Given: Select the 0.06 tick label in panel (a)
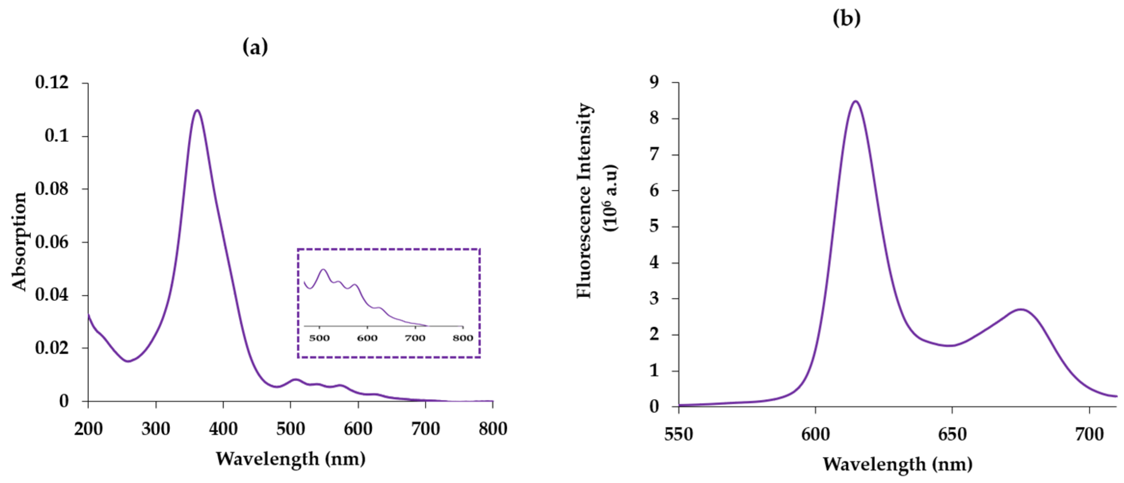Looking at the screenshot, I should pyautogui.click(x=52, y=242).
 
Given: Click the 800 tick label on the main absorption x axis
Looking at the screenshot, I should pyautogui.click(x=493, y=429).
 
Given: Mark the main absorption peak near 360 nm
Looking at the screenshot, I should pyautogui.click(x=197, y=110).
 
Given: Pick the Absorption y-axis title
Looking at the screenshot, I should pyautogui.click(x=19, y=242).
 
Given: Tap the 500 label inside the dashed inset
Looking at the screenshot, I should pyautogui.click(x=319, y=338).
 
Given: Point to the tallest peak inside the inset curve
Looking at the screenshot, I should pyautogui.click(x=323, y=270).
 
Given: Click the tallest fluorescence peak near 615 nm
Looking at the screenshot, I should pyautogui.click(x=855, y=101).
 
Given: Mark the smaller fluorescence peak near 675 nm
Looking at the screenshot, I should pyautogui.click(x=1021, y=309).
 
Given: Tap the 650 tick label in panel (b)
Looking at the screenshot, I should pyautogui.click(x=952, y=434).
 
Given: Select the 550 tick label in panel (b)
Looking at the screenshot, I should pyautogui.click(x=679, y=434).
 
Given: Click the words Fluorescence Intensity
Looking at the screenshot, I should pyautogui.click(x=585, y=201).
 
